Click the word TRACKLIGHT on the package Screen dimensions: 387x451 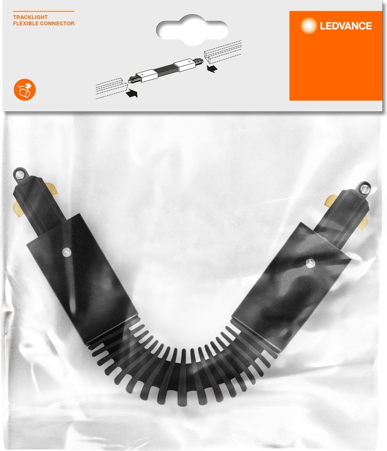(x=30, y=17)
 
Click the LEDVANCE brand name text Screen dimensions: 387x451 (x=346, y=26)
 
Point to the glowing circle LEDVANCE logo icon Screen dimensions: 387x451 (x=308, y=26)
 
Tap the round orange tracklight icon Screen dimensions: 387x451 (x=25, y=90)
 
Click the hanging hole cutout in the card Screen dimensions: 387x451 (x=192, y=30)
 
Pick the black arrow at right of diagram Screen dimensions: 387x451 (x=212, y=68)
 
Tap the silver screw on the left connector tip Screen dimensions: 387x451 (x=20, y=174)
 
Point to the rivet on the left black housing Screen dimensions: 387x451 (x=66, y=252)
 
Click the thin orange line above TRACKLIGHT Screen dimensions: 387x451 (x=44, y=11)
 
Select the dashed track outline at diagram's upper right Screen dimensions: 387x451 (x=223, y=51)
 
